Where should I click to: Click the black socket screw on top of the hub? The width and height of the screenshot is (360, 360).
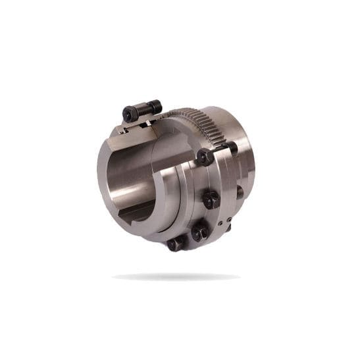tap(141, 110)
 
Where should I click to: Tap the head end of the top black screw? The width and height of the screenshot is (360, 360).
tap(130, 114)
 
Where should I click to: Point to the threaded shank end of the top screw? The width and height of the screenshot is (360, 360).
tap(155, 105)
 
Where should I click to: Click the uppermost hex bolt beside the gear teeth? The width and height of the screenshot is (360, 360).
tap(205, 157)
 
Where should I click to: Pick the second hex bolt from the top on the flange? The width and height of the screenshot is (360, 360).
tap(211, 199)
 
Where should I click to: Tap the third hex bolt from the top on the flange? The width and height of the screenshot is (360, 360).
tap(199, 232)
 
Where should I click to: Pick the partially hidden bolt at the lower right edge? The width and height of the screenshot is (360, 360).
tap(228, 227)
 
